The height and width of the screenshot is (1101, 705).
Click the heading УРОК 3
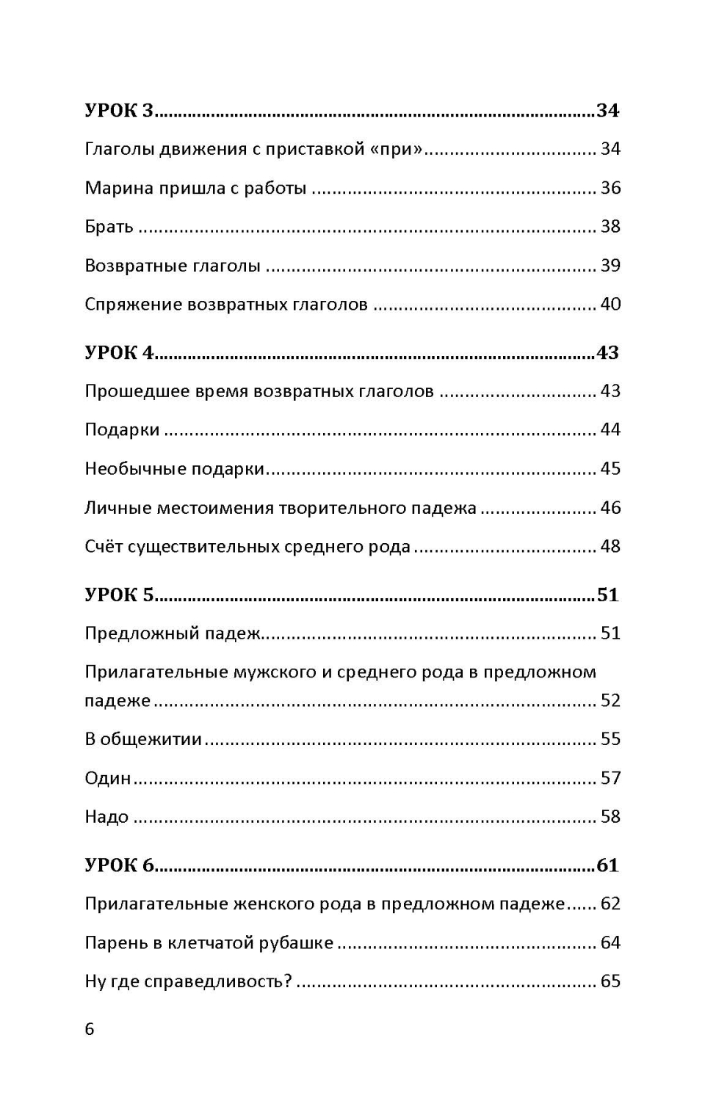click(119, 110)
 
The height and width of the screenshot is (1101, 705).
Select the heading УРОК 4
click(119, 352)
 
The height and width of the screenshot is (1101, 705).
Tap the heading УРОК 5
click(119, 595)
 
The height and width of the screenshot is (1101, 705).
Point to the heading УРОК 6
click(119, 865)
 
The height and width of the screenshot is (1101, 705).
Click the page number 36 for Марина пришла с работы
click(610, 188)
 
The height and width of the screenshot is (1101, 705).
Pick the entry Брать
click(109, 227)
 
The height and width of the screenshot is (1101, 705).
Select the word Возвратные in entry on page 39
click(136, 266)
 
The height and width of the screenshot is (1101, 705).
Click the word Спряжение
click(132, 305)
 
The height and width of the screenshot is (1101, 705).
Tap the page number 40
click(610, 304)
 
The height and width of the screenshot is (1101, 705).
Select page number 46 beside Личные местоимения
click(610, 508)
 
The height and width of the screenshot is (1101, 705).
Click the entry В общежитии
click(143, 739)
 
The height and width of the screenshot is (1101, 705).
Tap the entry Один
click(107, 778)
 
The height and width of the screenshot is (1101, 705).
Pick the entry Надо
click(106, 817)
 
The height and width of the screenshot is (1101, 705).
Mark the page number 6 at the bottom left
click(90, 1029)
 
